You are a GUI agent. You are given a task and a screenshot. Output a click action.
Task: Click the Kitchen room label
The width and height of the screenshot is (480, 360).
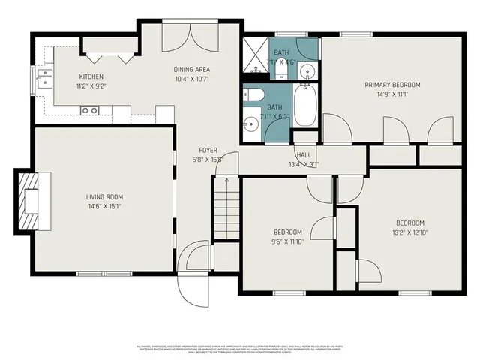[91, 76]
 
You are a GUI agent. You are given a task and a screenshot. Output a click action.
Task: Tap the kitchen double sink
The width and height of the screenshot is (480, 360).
[44, 76]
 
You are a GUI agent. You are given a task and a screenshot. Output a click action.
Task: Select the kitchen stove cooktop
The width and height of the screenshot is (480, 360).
[91, 110]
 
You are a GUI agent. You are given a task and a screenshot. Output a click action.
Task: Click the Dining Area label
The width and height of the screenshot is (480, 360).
[190, 69]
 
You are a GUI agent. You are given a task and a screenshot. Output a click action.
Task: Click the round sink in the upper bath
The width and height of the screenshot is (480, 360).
[307, 71]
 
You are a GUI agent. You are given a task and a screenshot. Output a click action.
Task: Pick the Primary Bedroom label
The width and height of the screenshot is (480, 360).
[392, 85]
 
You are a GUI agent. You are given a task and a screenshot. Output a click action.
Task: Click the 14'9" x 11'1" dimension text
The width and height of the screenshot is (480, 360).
[392, 94]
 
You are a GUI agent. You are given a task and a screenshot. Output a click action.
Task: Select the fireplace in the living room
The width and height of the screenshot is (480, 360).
[30, 202]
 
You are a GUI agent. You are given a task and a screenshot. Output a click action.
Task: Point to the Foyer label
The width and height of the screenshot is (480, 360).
[208, 151]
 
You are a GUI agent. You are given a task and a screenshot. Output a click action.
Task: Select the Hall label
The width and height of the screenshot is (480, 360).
[303, 156]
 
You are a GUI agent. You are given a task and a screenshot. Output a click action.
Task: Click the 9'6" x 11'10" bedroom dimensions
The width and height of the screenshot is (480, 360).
[287, 241]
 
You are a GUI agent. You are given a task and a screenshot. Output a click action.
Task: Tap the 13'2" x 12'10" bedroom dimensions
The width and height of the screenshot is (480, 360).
[410, 232]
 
